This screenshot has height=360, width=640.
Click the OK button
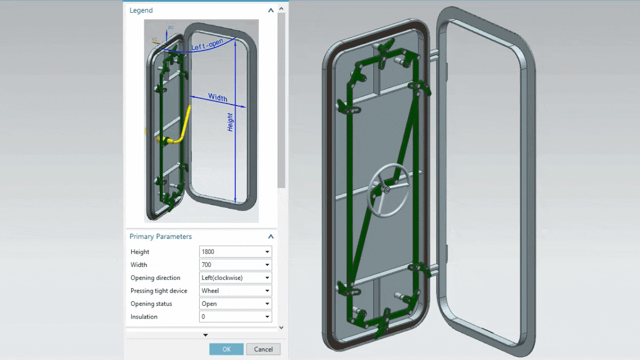(226, 349)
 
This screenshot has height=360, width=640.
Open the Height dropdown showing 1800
(235, 252)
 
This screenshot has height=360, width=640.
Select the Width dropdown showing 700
(235, 265)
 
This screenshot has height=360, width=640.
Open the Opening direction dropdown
(235, 278)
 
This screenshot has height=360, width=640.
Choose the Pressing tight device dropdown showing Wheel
(235, 291)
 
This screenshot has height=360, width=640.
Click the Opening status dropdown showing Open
(235, 304)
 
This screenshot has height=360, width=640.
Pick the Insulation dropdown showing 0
(235, 317)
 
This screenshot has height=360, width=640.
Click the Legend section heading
(141, 11)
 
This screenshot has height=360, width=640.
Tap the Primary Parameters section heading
(160, 237)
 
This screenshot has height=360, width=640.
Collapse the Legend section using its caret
(270, 11)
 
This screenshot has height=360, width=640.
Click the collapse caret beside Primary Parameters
(270, 237)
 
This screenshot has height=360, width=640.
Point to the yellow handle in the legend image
(177, 135)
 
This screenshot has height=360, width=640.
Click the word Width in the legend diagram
(217, 98)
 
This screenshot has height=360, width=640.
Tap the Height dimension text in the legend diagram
(230, 122)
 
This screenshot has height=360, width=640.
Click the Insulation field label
(144, 317)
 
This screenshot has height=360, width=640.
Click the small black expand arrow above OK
(205, 335)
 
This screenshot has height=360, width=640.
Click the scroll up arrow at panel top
(282, 9)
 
